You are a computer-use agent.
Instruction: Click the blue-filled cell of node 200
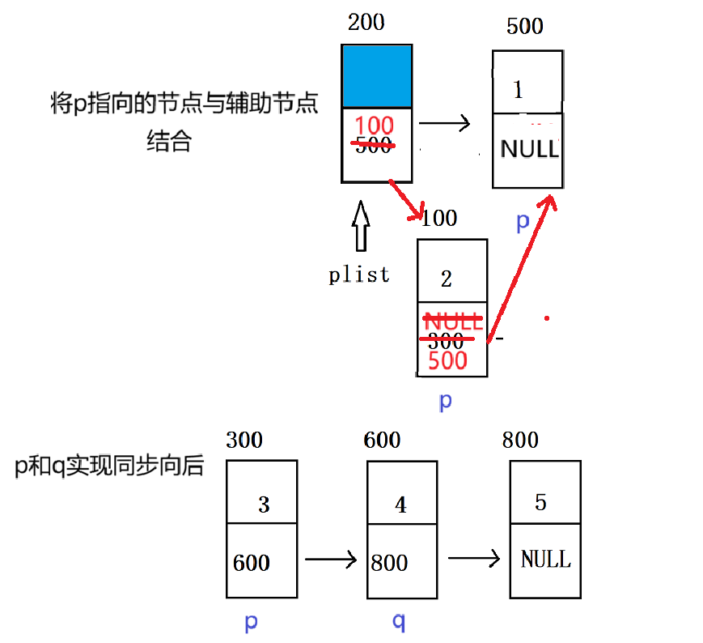(378, 77)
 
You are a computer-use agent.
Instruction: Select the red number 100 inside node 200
(375, 126)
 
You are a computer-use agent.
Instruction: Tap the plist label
(359, 275)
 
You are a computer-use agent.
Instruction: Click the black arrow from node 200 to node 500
(444, 123)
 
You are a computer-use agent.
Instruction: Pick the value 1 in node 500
(518, 89)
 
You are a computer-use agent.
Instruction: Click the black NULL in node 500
(529, 149)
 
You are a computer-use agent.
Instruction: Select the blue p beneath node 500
(523, 221)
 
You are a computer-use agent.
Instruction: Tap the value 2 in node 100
(447, 280)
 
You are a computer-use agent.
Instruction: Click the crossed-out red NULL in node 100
(452, 321)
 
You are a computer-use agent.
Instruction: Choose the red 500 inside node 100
(448, 360)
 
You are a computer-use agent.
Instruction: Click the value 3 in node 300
(264, 505)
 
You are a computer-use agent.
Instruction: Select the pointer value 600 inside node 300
(251, 563)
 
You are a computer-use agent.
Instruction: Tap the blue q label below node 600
(399, 622)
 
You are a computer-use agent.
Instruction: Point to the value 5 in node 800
(540, 502)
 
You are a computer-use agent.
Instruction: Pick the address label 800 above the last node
(520, 440)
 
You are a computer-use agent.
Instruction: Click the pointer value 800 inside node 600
(389, 563)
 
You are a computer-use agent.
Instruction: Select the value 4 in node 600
(400, 505)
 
